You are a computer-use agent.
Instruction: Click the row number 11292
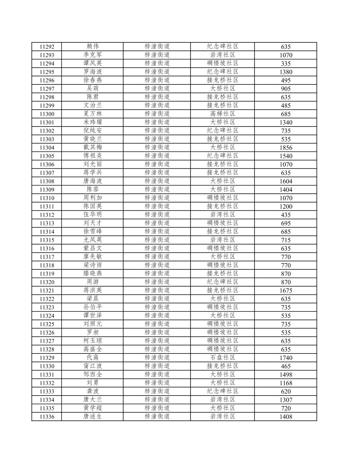[x=47, y=47]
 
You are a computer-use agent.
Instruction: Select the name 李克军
[x=93, y=55]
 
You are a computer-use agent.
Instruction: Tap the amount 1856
[x=286, y=148]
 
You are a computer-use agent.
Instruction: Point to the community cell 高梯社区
[x=223, y=114]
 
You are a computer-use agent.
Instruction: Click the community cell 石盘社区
[x=223, y=358]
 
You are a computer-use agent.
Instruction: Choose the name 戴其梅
[x=93, y=147]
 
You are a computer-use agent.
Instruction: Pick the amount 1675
[x=286, y=291]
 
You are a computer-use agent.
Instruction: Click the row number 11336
[x=47, y=417]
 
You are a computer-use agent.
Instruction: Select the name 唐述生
[x=93, y=416]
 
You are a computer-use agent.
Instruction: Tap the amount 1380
[x=286, y=72]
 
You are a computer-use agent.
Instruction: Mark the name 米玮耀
[x=93, y=122]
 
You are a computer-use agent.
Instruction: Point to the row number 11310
[x=47, y=198]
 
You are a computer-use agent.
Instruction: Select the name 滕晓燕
[x=93, y=274]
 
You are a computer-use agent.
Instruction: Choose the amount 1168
[x=286, y=383]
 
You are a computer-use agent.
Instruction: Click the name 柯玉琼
[x=93, y=341]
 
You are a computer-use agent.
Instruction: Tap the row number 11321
[x=47, y=291]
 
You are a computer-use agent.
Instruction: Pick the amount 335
[x=286, y=64]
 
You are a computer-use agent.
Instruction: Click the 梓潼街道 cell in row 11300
[x=157, y=114]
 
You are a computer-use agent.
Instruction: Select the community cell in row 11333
[x=223, y=391]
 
